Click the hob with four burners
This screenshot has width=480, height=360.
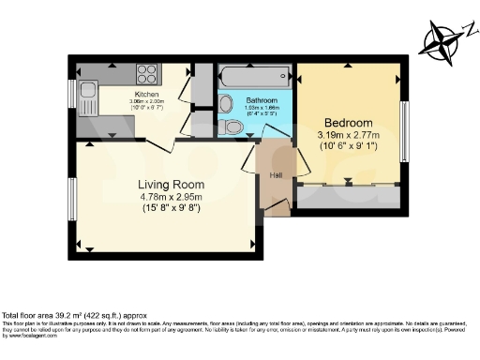(x=147, y=74)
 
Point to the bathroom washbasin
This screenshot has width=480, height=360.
(x=260, y=127)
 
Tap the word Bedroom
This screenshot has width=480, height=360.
(x=349, y=123)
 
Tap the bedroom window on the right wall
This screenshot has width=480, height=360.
(x=405, y=122)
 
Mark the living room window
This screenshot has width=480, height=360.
(x=72, y=199)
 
